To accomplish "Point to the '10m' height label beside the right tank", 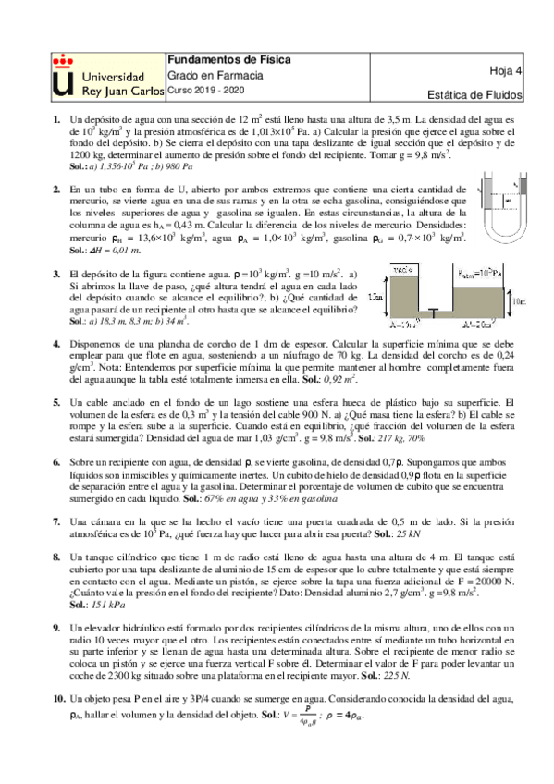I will pyautogui.click(x=518, y=301).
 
